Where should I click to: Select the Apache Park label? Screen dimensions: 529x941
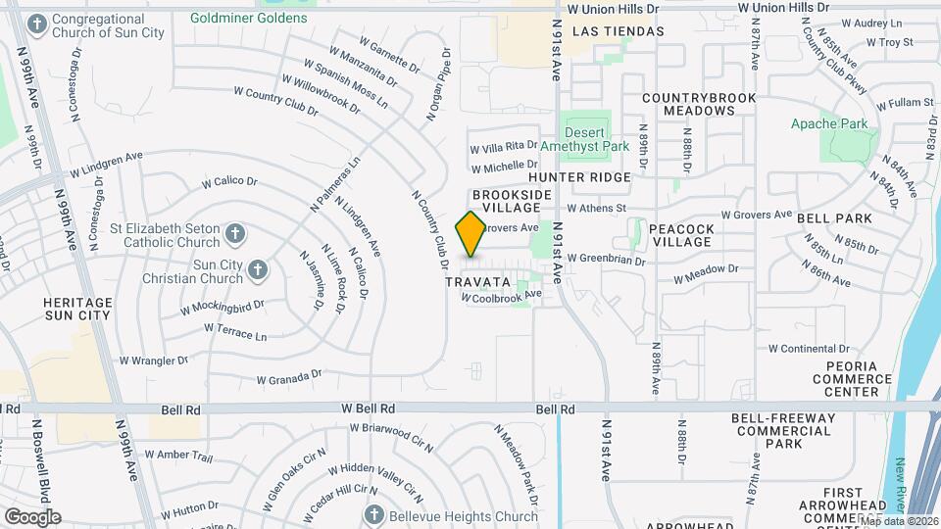829,124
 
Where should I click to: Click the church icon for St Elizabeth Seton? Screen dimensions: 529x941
234,233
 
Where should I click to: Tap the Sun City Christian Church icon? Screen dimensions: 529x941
257,268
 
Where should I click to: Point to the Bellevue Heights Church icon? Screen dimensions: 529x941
373,514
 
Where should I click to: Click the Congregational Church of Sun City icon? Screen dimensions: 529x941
37,23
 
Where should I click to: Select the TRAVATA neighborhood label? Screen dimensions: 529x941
479,281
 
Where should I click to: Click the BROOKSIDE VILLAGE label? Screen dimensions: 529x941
506,202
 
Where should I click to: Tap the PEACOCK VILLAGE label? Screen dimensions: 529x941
681,234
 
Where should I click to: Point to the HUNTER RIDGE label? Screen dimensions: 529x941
579,177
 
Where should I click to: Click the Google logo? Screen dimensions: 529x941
32,516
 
